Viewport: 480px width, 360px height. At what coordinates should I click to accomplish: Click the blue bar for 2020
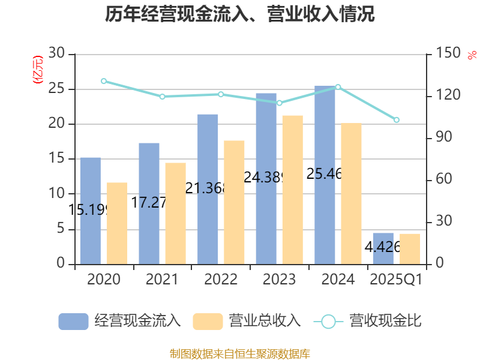click(90, 210)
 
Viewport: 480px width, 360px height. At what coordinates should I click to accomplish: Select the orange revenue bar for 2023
click(292, 189)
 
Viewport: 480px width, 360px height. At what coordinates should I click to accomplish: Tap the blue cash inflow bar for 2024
click(325, 174)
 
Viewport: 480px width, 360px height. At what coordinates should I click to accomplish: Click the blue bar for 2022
click(208, 189)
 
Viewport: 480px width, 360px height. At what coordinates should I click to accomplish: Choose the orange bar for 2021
click(176, 213)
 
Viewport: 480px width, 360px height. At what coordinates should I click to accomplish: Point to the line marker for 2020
click(104, 81)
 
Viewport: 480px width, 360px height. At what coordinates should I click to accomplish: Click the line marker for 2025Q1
click(396, 120)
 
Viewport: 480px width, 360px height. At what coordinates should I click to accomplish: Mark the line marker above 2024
click(338, 87)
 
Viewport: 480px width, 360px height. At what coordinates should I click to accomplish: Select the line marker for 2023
click(279, 103)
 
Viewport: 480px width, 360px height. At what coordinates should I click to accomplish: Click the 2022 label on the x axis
click(221, 280)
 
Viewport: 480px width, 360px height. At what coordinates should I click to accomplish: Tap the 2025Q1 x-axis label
click(396, 280)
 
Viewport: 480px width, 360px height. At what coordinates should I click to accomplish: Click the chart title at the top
click(240, 14)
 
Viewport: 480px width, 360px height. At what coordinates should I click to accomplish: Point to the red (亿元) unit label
click(37, 69)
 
